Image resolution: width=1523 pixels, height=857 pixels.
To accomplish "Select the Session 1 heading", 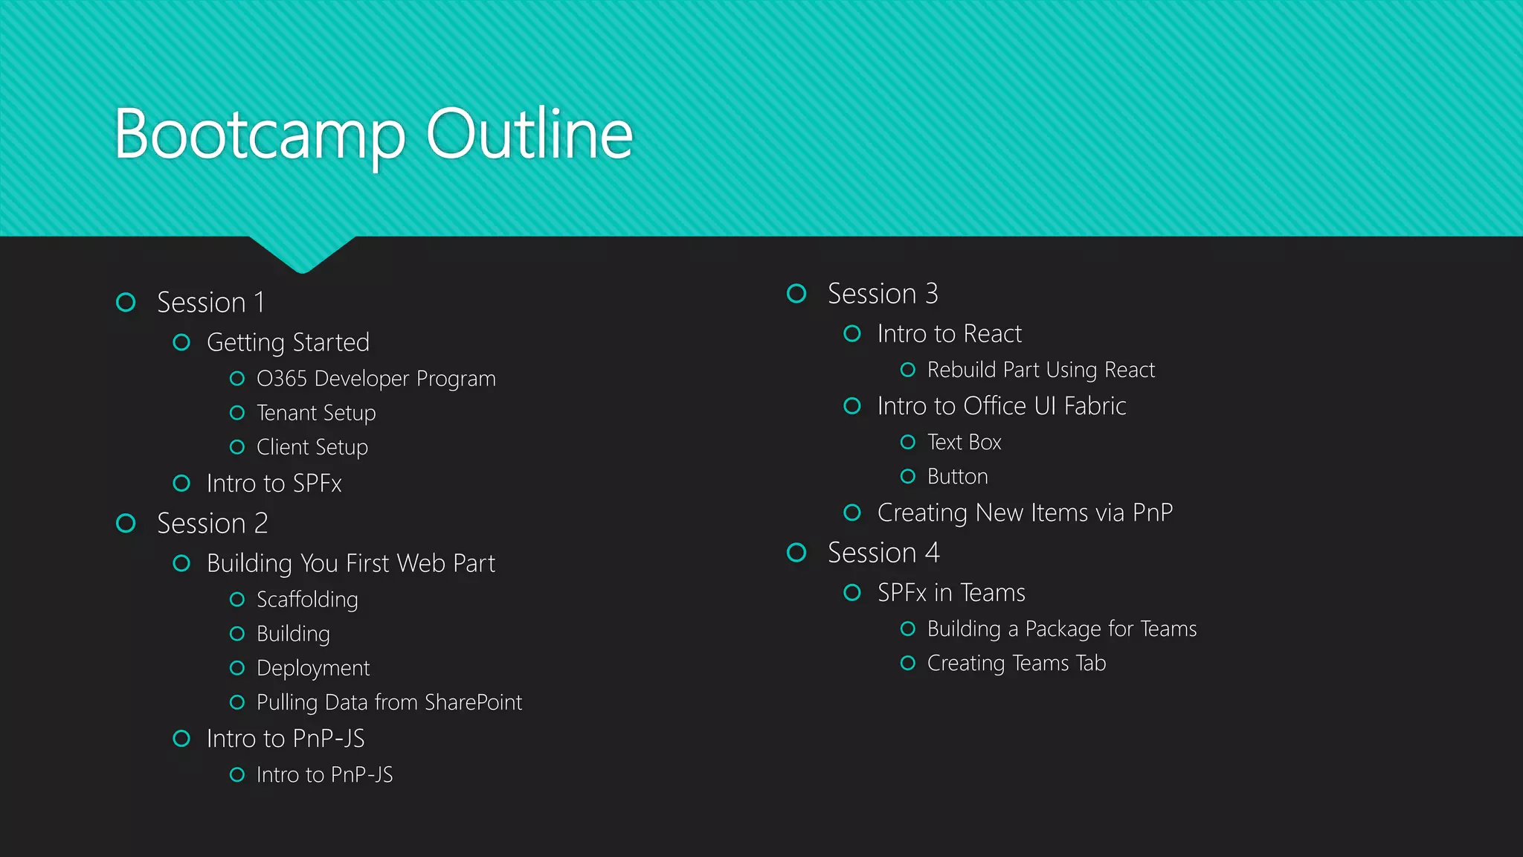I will [210, 303].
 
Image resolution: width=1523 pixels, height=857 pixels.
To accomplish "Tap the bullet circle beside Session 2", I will [126, 524].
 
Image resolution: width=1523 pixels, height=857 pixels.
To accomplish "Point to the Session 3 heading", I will [883, 294].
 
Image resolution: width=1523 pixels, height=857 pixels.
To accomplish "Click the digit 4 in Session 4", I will [932, 553].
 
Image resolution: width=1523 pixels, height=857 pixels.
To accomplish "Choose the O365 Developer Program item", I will [376, 379].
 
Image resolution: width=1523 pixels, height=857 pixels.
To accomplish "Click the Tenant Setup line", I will [316, 413].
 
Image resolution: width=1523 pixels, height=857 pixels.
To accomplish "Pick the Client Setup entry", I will [312, 447].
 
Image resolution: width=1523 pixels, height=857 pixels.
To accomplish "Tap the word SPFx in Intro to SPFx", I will [318, 484].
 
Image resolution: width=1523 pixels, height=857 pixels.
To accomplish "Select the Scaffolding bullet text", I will [307, 600].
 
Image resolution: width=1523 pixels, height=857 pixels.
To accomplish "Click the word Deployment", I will [313, 668].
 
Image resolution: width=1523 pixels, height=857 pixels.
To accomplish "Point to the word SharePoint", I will [474, 702].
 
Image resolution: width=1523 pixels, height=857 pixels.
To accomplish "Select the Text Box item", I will [964, 443].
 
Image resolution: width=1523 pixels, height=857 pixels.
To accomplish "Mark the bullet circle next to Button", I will [908, 476].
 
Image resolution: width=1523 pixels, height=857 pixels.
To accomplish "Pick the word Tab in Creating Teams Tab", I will [1090, 663].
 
